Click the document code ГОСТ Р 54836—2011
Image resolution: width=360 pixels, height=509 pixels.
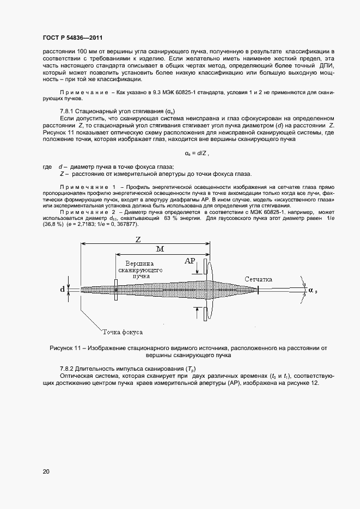tap(72, 38)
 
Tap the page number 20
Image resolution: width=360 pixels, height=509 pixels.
tap(46, 471)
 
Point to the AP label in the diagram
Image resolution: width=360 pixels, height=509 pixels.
tap(190, 261)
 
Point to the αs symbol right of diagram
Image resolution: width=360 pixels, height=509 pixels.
tap(313, 290)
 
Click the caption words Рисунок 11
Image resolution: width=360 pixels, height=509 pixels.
tap(68, 347)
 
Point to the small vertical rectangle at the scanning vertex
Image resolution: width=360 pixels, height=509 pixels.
tap(115, 290)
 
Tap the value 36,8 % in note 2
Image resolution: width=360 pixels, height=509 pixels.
tap(50, 224)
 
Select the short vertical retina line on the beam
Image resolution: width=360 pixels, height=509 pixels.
tap(258, 290)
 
